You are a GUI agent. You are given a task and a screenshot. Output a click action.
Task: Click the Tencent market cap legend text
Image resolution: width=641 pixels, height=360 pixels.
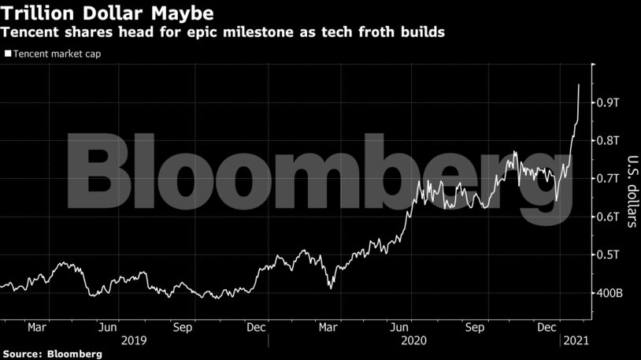pyautogui.click(x=55, y=54)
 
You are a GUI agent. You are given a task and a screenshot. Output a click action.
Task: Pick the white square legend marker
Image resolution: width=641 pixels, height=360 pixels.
pyautogui.click(x=8, y=54)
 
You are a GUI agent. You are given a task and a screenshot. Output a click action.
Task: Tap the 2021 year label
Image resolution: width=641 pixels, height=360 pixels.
pyautogui.click(x=573, y=340)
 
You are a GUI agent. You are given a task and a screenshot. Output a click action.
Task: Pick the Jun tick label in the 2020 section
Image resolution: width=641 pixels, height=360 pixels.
pyautogui.click(x=401, y=325)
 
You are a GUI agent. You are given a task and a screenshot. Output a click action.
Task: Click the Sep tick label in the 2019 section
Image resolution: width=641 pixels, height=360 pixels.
pyautogui.click(x=183, y=325)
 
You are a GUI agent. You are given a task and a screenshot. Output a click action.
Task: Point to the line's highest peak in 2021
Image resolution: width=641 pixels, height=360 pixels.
pyautogui.click(x=579, y=84)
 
